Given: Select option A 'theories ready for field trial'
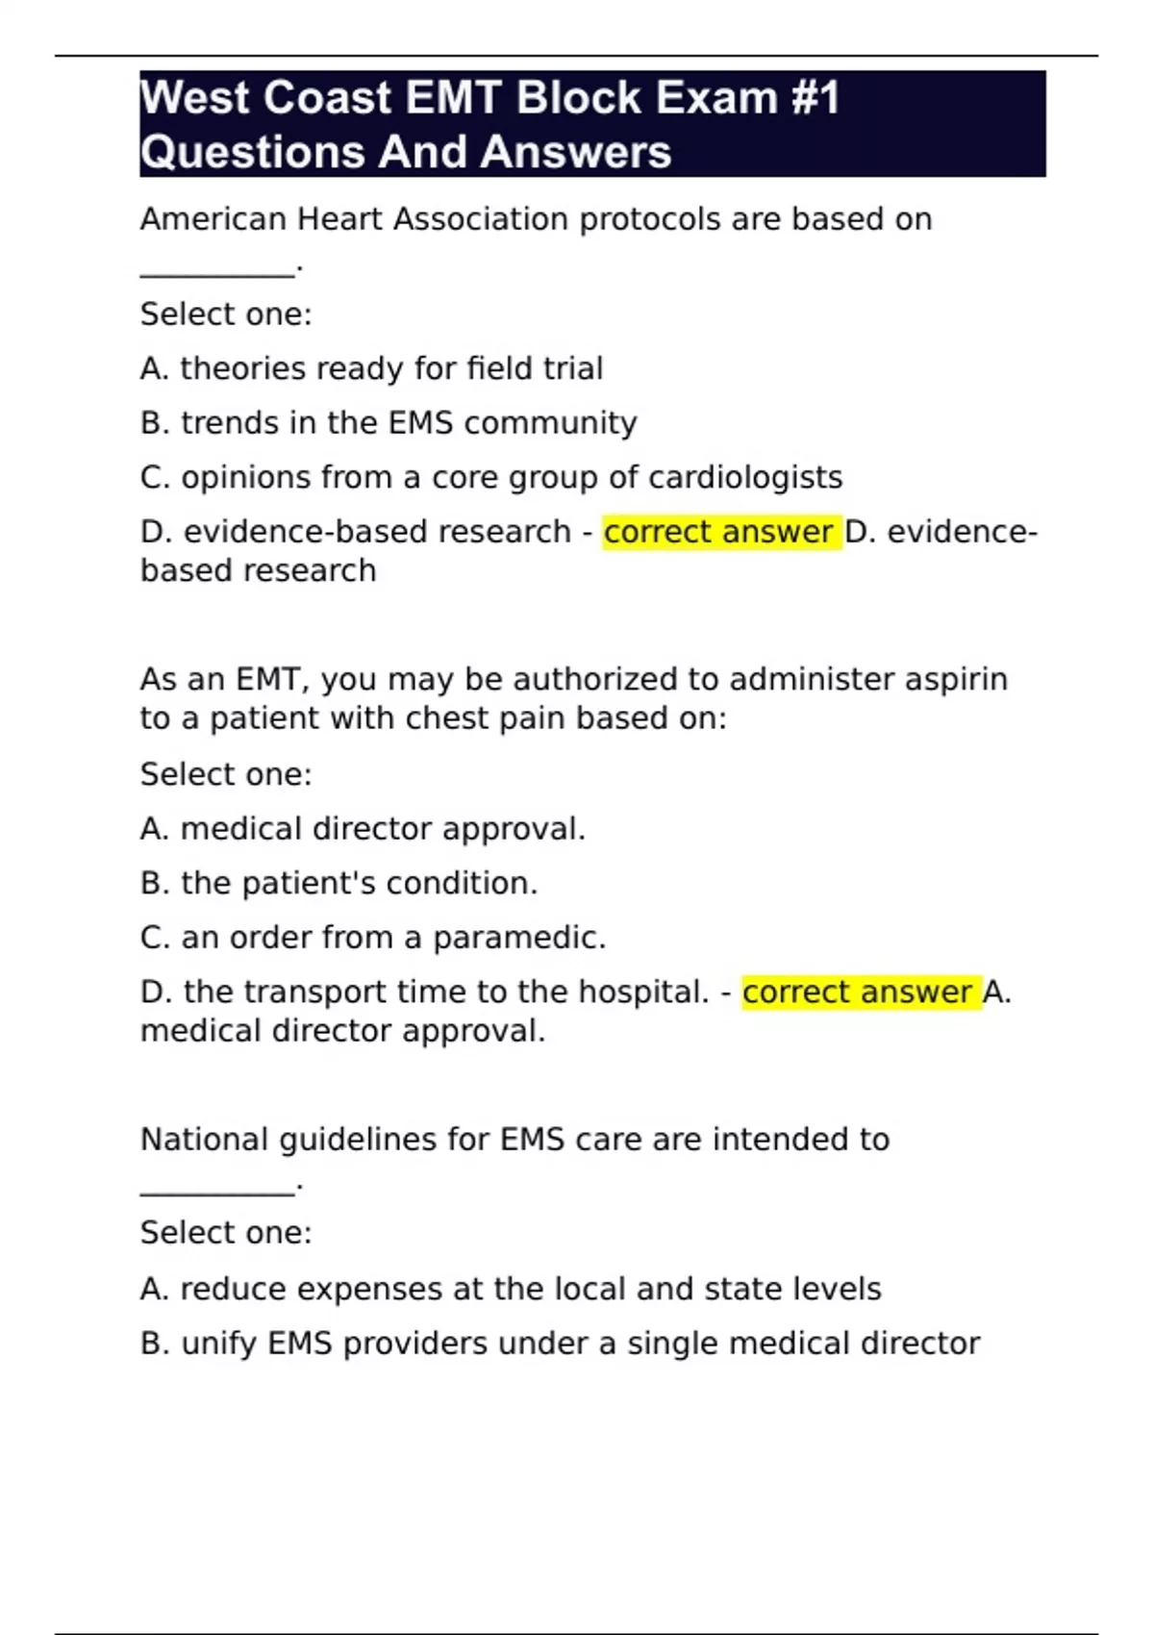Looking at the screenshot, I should [x=371, y=368].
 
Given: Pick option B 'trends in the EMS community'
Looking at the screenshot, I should [x=389, y=423].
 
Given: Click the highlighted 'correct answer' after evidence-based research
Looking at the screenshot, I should [x=718, y=532].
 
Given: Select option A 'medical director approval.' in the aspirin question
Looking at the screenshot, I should [x=363, y=829].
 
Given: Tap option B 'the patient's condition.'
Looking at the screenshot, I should [x=339, y=883].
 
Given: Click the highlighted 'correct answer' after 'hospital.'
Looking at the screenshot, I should [x=858, y=993].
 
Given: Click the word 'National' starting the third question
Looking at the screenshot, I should [x=204, y=1140].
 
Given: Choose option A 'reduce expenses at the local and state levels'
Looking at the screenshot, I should [x=511, y=1289].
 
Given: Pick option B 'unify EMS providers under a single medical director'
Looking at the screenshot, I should [x=560, y=1344].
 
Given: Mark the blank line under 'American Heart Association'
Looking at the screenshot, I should [x=217, y=274].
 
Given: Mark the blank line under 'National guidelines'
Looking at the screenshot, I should [x=217, y=1194].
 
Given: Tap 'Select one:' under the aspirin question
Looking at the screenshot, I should [x=226, y=774].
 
